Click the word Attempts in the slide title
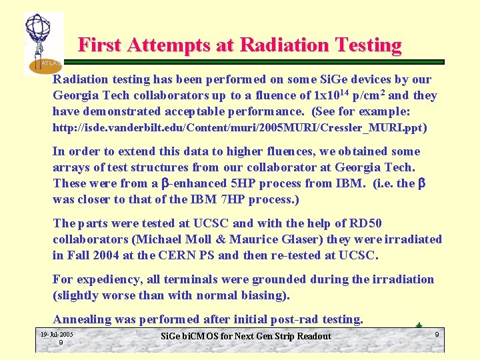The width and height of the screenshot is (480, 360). [156, 45]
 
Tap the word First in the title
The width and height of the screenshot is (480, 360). [99, 45]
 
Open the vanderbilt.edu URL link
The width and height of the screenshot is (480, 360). [237, 127]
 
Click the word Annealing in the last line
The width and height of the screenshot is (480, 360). [83, 319]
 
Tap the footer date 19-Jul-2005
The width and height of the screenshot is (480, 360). [57, 333]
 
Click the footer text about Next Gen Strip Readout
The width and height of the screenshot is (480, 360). [246, 336]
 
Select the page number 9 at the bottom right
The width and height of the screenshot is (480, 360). [437, 333]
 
